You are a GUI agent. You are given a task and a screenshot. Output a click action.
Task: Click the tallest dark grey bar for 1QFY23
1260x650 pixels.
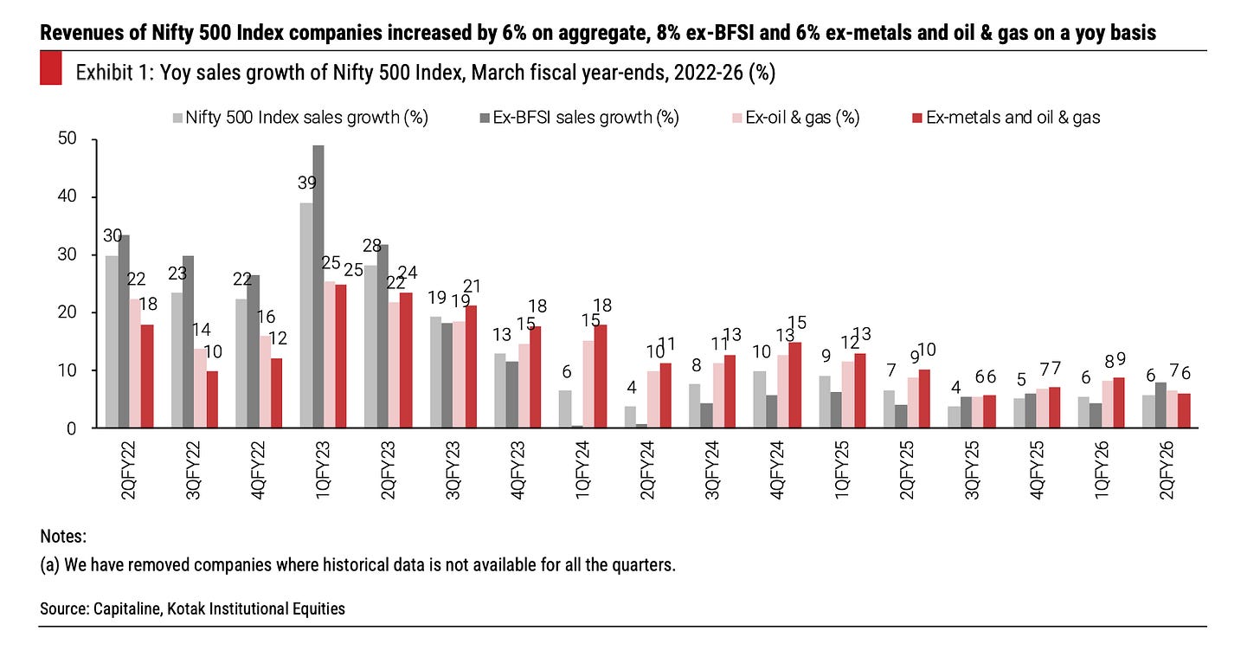(318, 286)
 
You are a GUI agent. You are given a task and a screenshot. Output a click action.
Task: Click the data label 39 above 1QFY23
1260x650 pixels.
(305, 183)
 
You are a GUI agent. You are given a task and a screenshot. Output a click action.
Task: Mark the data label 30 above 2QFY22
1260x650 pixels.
(112, 236)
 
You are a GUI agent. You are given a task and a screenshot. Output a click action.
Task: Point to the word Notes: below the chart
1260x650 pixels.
(63, 537)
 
